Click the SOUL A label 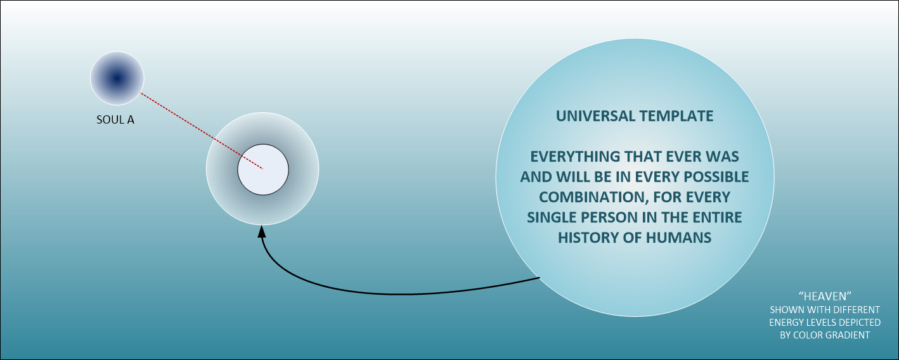tap(115, 120)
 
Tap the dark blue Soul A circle tap(117, 78)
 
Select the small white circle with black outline tap(263, 169)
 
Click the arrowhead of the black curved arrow tap(262, 231)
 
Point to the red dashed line tap(202, 131)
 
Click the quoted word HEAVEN tap(825, 296)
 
